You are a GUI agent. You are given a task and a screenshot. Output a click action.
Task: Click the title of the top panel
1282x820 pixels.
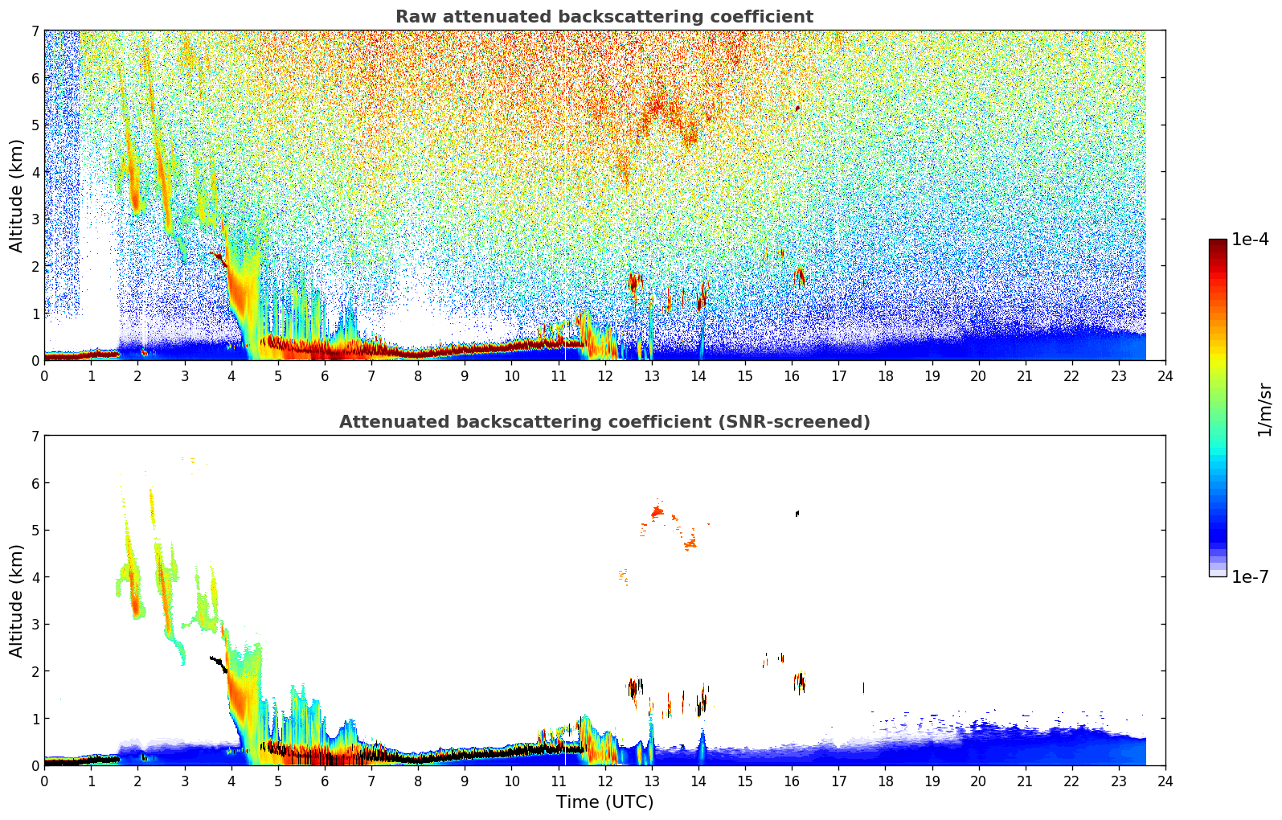[x=604, y=17]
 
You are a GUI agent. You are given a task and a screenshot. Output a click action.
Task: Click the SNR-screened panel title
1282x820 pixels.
[x=604, y=422]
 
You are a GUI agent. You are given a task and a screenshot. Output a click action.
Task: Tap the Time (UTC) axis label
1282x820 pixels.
[x=604, y=802]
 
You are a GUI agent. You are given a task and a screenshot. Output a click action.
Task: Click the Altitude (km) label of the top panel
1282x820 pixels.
[x=17, y=195]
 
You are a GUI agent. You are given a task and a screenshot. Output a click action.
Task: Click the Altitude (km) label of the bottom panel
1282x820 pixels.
[x=17, y=601]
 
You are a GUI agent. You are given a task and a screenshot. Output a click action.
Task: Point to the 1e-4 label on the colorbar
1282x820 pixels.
[x=1250, y=240]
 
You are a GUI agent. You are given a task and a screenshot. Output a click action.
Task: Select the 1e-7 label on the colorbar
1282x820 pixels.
[x=1250, y=577]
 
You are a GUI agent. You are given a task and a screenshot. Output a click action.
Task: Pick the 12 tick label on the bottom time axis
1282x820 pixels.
[x=604, y=781]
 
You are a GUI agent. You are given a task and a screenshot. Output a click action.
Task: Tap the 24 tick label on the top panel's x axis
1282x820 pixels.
[x=1165, y=376]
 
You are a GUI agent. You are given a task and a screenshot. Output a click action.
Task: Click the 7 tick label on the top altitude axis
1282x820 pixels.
[x=35, y=31]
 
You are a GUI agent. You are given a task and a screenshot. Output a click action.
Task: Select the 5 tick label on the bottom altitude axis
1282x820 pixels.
[x=35, y=531]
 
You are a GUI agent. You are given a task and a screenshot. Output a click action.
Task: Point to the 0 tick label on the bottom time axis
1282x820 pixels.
[x=44, y=781]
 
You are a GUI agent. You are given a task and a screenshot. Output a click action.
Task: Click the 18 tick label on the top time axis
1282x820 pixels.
[x=885, y=376]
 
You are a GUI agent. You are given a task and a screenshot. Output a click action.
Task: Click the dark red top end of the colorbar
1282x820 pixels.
[x=1218, y=243]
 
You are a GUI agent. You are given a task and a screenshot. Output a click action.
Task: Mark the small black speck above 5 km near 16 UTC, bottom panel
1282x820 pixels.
[x=797, y=513]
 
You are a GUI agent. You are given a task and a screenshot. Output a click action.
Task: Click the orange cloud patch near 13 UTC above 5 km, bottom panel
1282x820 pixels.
[x=657, y=512]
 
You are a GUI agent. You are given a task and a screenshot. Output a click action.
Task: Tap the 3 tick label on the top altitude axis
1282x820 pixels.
[x=35, y=219]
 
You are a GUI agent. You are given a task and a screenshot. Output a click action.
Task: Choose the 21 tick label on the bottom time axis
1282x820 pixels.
[x=1025, y=781]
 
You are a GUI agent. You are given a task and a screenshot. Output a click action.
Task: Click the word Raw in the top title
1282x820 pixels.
[x=412, y=17]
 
